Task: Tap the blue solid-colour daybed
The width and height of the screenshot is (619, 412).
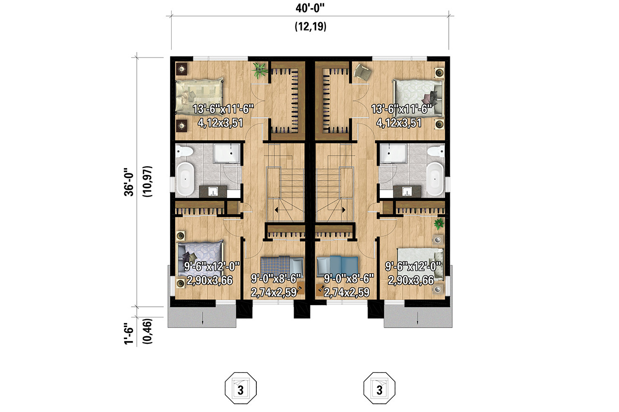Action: tap(337, 265)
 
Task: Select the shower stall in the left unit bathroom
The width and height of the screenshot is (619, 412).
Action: tap(227, 154)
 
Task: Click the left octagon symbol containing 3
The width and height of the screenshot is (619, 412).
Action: tap(240, 389)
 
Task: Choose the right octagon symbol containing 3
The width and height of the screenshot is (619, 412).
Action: tap(379, 389)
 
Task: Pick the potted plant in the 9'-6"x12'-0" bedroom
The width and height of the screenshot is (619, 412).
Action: tap(439, 224)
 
